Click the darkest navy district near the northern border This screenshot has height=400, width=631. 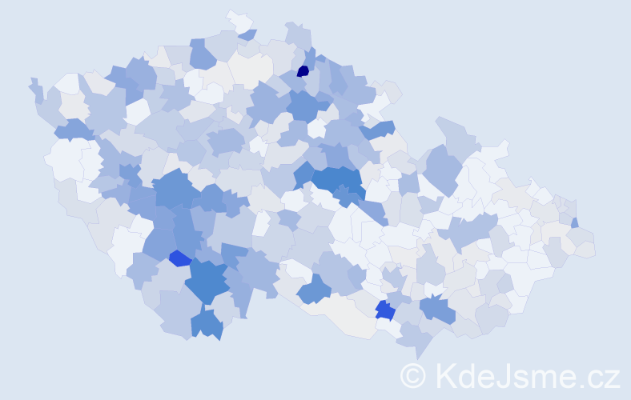pos(303,71)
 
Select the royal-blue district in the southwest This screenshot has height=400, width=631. pos(180,258)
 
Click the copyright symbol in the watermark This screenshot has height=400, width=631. pos(413,375)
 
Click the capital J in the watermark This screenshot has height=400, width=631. pos(504,375)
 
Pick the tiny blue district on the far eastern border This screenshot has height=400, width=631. pos(575,222)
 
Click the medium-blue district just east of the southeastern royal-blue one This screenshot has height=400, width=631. pos(436,307)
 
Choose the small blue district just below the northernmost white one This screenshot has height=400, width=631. pos(248,34)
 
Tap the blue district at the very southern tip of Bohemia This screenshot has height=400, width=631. pos(206,324)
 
